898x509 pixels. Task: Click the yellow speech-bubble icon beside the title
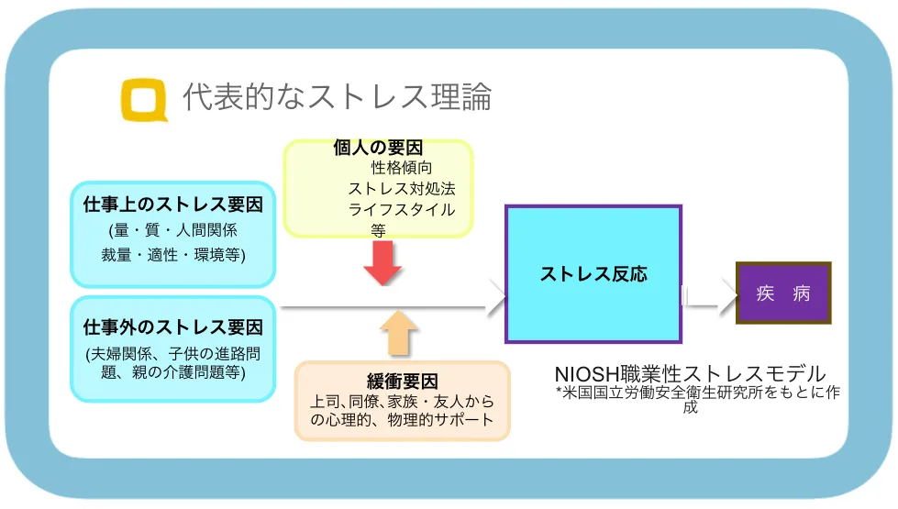pos(145,100)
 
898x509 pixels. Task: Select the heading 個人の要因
pos(378,148)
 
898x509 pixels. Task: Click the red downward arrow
pos(382,262)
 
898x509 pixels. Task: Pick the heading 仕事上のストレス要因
pos(173,204)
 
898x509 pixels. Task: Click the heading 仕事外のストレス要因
pos(173,326)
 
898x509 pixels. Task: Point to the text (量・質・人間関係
pos(173,229)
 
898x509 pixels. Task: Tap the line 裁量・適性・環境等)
pos(173,254)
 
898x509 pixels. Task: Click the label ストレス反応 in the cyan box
pos(593,274)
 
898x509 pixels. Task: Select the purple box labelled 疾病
pos(783,293)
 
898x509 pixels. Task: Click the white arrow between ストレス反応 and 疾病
pos(711,294)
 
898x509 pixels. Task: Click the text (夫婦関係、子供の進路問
pos(173,353)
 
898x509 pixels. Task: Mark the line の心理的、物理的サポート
pos(402,420)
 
